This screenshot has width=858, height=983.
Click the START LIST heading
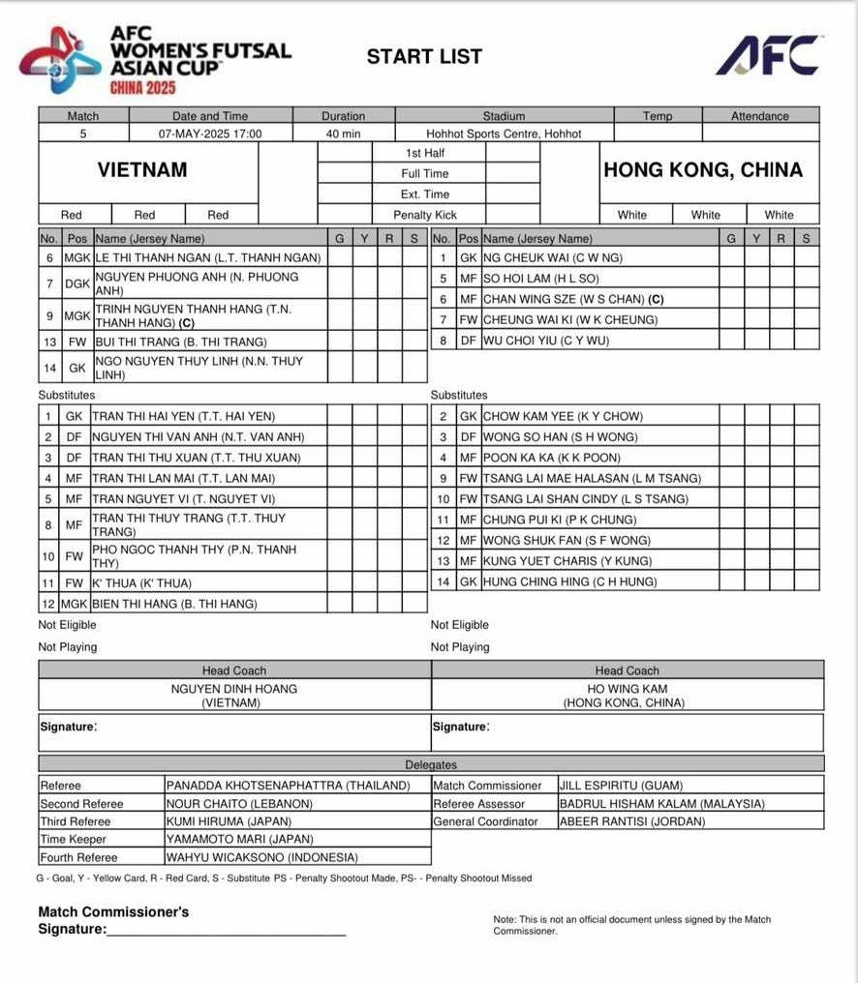click(x=424, y=56)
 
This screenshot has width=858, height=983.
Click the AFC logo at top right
click(x=769, y=56)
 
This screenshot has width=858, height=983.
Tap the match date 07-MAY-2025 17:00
click(x=210, y=134)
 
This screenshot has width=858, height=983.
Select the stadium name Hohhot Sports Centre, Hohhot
click(x=504, y=134)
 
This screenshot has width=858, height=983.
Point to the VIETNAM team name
click(x=142, y=170)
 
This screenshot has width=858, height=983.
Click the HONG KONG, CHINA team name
click(x=703, y=170)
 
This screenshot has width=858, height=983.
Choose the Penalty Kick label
click(x=425, y=215)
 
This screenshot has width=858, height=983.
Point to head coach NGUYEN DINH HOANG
click(x=234, y=689)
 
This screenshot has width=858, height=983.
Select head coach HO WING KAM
click(x=627, y=689)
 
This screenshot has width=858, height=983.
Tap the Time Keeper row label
click(x=74, y=840)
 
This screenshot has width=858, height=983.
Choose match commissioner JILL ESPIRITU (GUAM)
click(x=621, y=786)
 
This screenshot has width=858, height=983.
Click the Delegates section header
click(x=431, y=765)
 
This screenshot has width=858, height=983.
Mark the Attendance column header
click(x=760, y=116)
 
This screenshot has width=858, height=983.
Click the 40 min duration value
click(x=344, y=134)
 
